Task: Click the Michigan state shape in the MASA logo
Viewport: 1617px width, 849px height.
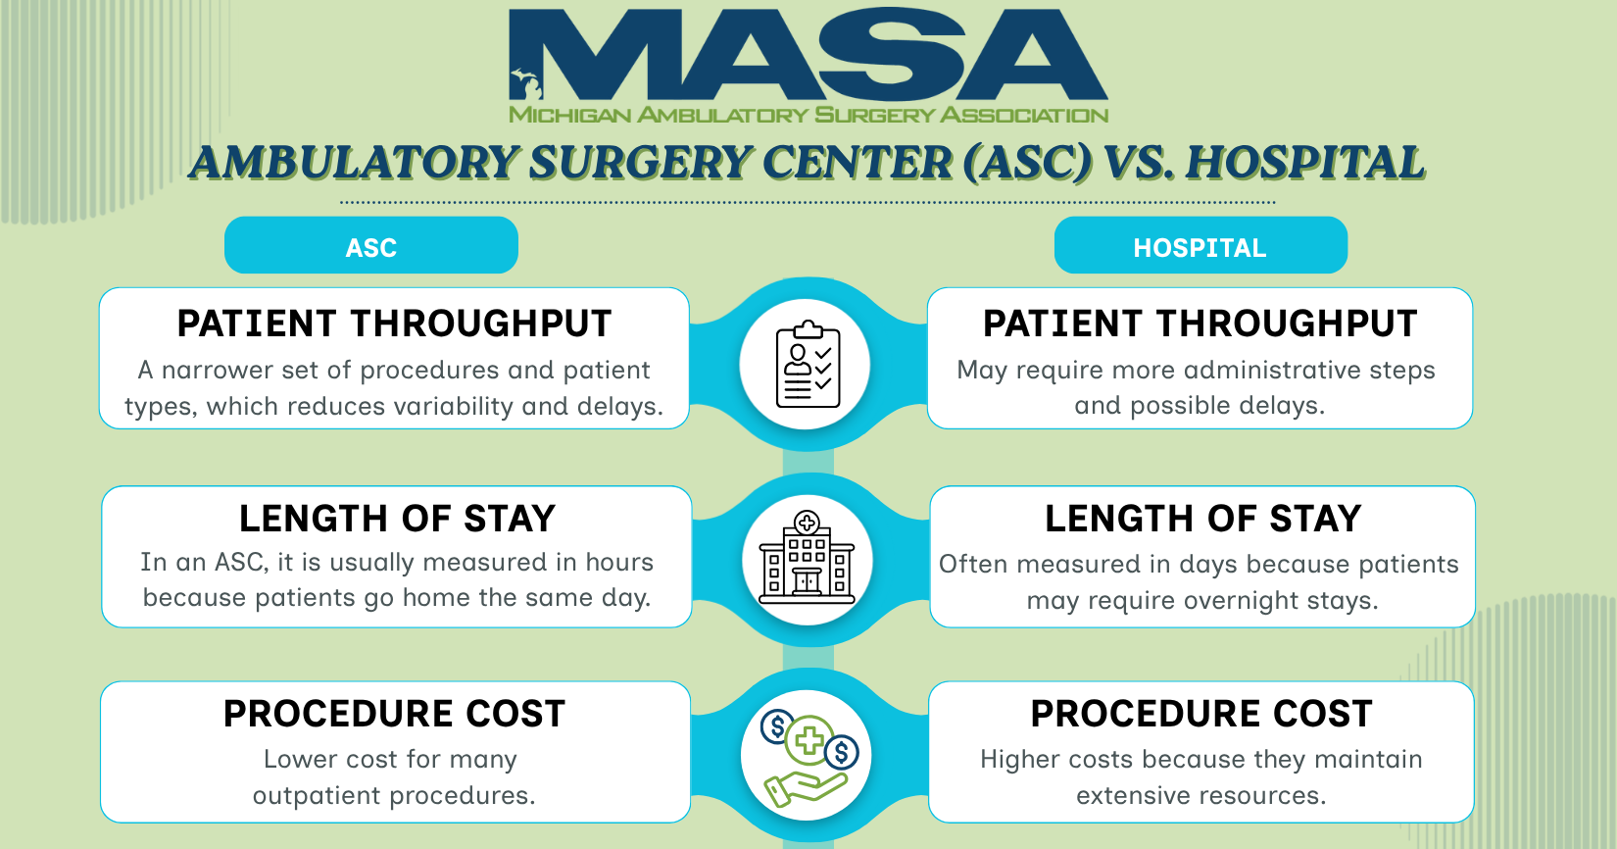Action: point(525,84)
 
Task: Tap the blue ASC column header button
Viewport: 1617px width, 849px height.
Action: point(371,245)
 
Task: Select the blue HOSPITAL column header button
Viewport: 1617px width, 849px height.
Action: point(1200,245)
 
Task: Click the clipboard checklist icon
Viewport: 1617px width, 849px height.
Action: point(808,365)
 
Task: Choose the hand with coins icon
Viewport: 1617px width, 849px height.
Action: point(808,757)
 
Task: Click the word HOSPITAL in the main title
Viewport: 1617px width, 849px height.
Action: point(1305,163)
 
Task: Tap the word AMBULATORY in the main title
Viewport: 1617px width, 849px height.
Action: point(354,163)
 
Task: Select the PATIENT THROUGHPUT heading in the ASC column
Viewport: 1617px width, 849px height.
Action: point(394,324)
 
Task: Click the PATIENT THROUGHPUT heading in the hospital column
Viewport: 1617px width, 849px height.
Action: point(1200,324)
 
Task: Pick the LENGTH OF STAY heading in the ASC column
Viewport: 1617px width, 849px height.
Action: point(397,519)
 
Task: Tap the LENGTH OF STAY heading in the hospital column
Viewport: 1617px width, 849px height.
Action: point(1203,519)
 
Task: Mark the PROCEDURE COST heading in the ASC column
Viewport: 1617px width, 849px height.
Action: point(394,714)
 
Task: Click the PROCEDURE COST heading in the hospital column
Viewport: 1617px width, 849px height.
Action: point(1201,714)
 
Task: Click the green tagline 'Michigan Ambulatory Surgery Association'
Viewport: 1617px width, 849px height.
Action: point(808,115)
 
